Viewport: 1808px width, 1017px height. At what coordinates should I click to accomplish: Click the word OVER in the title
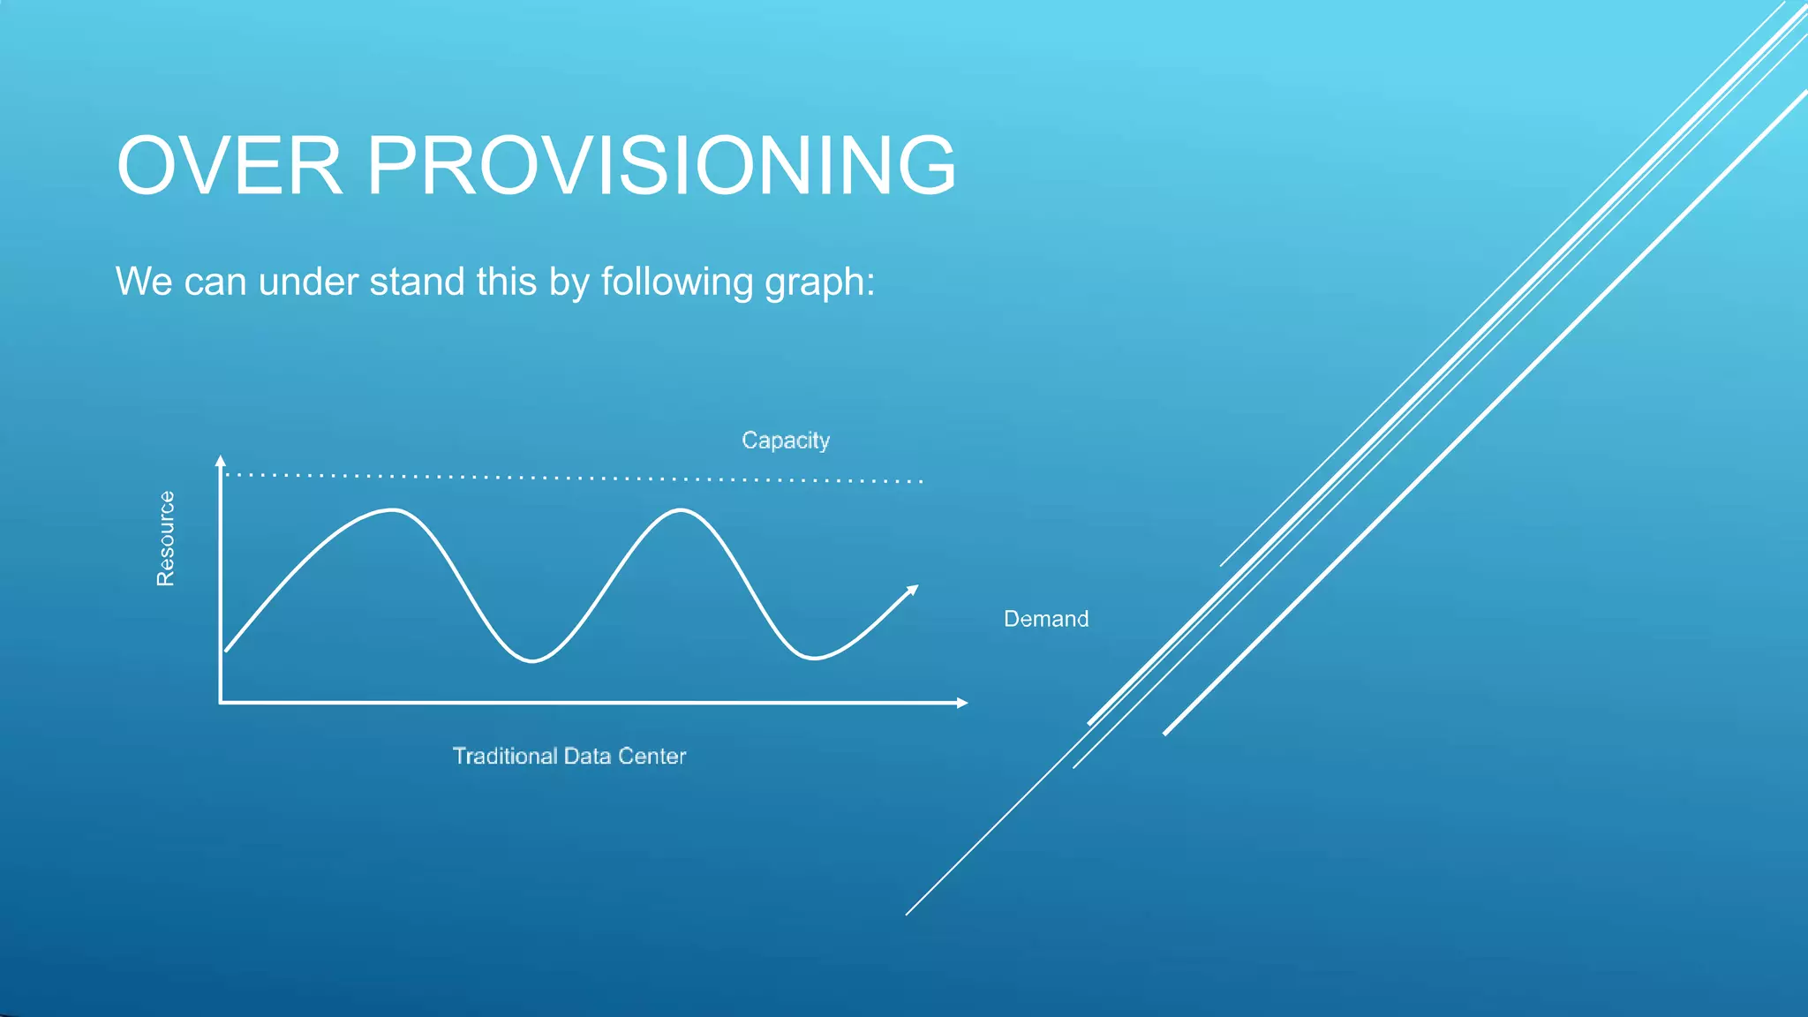pos(230,166)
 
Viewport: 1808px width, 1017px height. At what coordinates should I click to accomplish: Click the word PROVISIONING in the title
pos(661,166)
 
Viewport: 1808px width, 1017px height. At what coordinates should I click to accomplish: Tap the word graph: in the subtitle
pos(819,282)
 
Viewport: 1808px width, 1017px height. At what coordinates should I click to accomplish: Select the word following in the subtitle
pos(677,282)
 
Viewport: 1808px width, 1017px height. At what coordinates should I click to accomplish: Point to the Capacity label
pos(785,440)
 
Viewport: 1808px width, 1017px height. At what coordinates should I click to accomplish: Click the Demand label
pos(1045,619)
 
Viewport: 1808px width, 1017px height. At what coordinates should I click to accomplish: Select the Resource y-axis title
pos(165,539)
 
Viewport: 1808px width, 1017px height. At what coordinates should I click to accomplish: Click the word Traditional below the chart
pos(504,757)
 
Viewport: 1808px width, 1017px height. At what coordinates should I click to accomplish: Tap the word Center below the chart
pos(652,757)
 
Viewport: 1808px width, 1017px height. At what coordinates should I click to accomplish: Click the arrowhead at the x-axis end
pos(963,703)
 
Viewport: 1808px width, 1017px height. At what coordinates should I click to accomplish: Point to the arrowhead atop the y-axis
pos(221,460)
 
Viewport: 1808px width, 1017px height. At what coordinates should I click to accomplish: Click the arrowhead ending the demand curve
pos(913,590)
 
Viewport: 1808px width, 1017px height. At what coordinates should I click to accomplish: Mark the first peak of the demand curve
pos(392,510)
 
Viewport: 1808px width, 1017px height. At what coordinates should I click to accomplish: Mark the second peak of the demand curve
pos(681,510)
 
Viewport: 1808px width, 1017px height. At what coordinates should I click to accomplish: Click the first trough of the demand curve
pos(532,660)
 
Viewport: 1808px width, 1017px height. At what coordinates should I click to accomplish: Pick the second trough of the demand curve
pos(813,658)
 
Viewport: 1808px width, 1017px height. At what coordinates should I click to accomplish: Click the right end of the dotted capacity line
pos(921,481)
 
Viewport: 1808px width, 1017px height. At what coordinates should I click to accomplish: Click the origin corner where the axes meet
pos(221,703)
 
